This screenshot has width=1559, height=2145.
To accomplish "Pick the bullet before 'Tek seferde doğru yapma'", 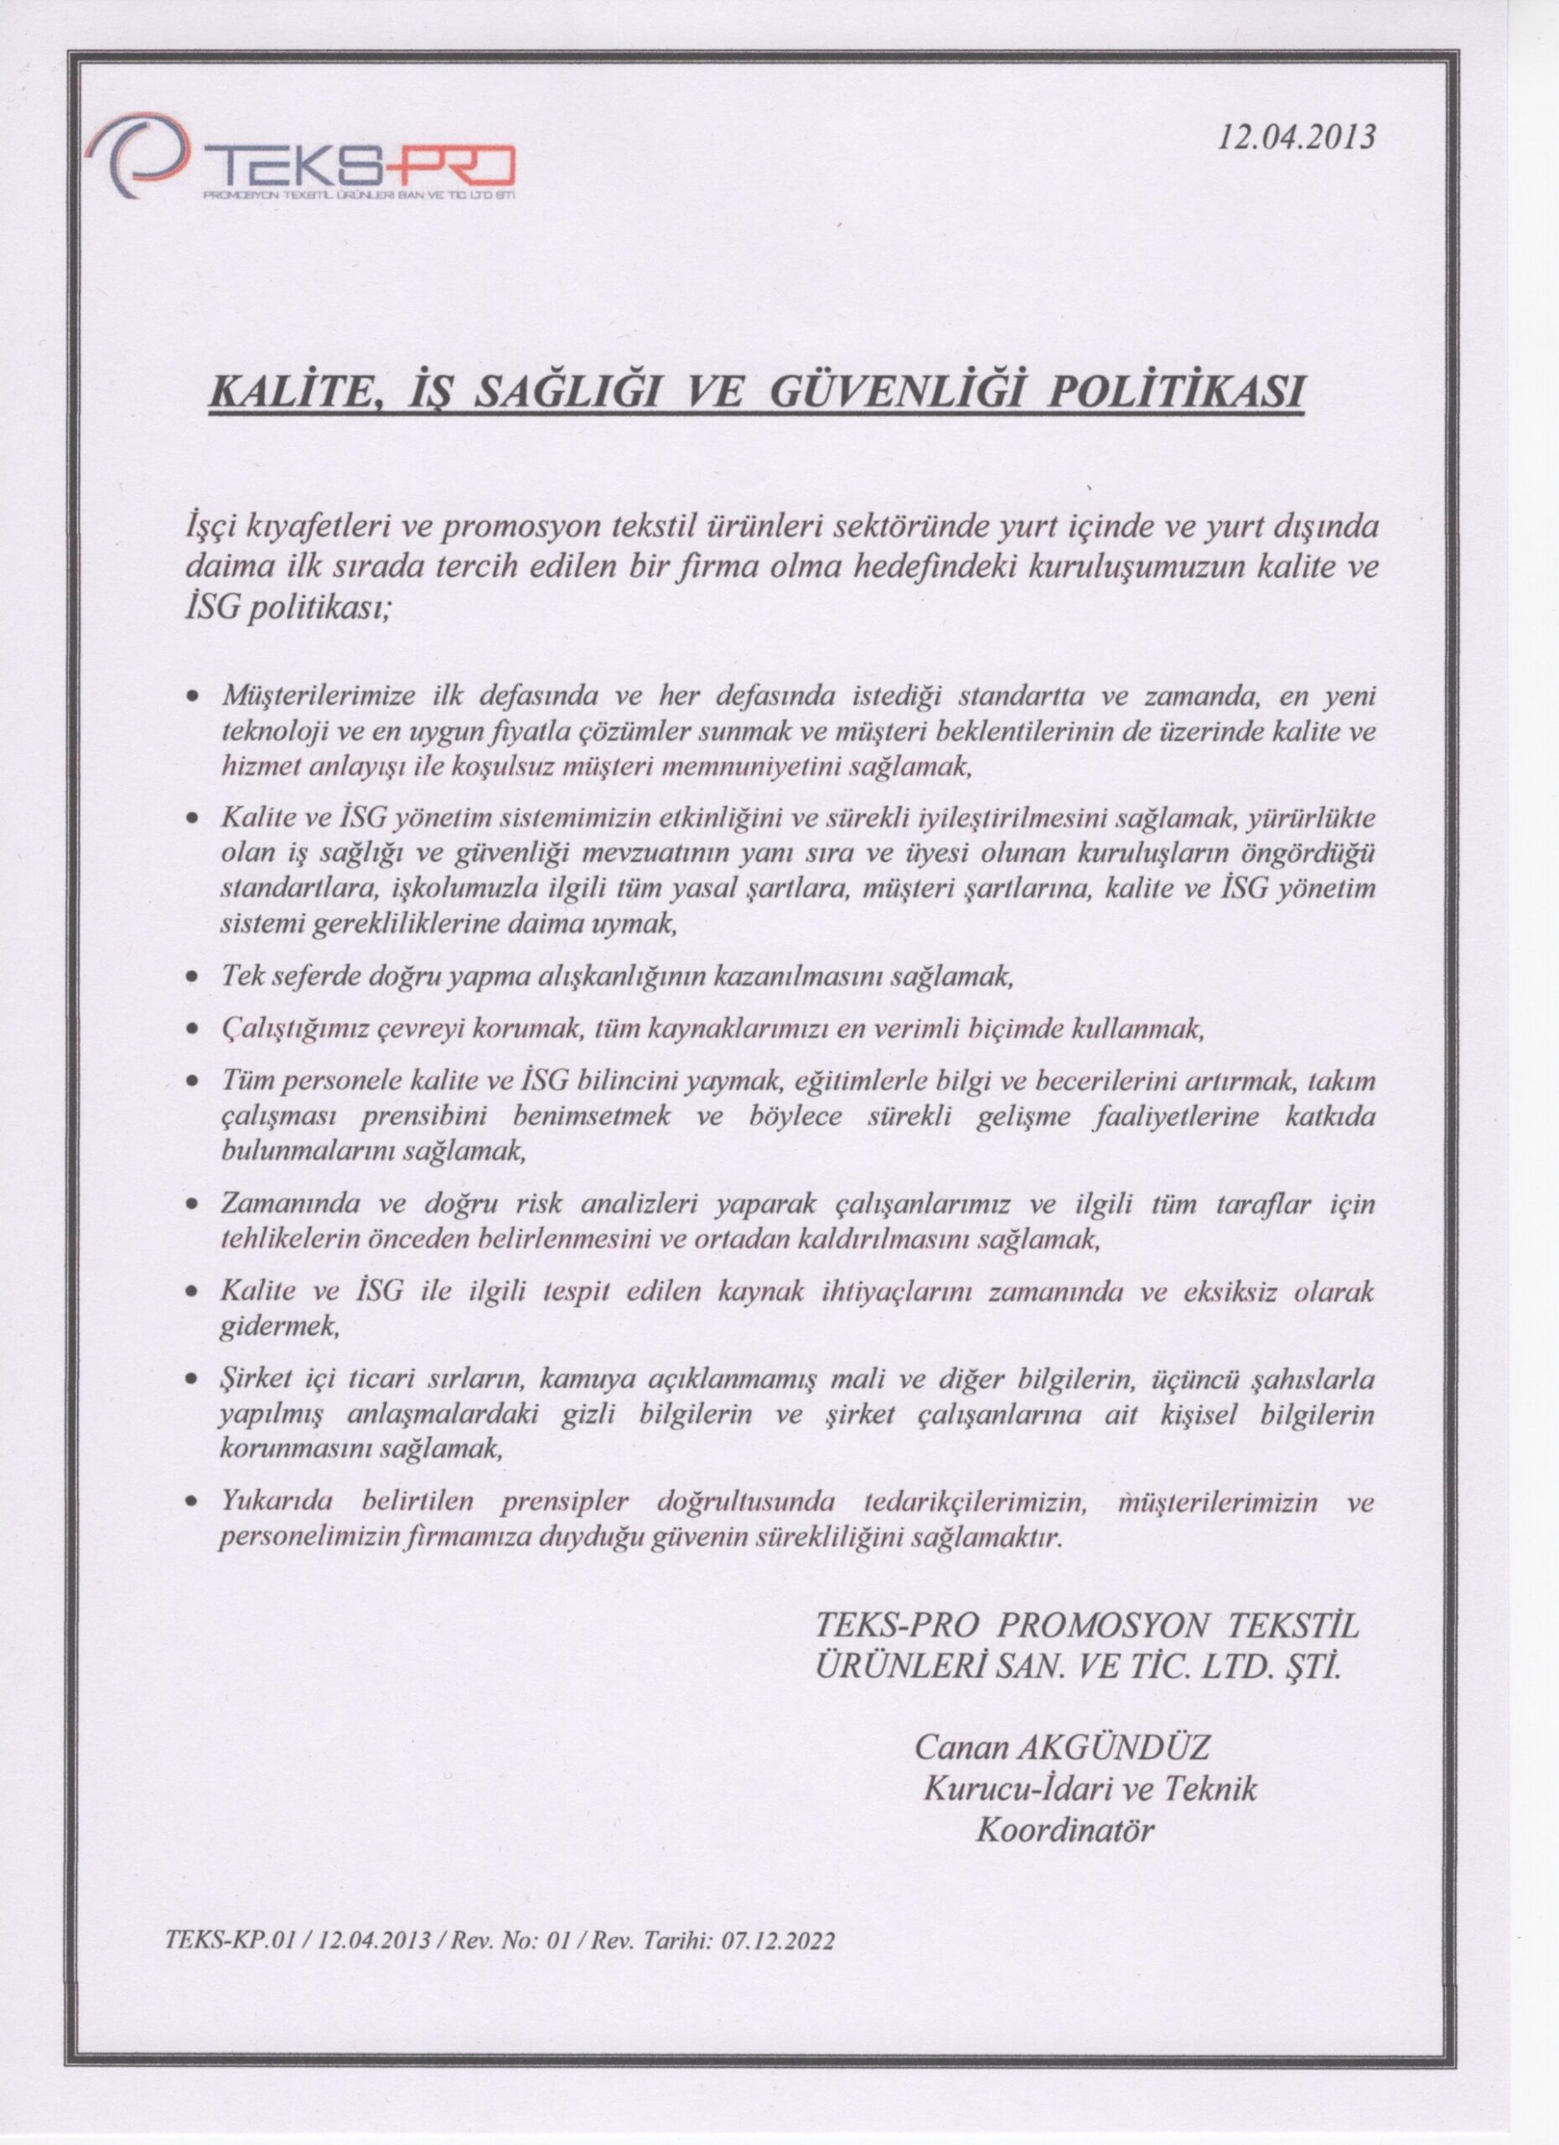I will click(192, 979).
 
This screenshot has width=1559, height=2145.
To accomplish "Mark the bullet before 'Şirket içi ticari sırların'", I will click(192, 1383).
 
